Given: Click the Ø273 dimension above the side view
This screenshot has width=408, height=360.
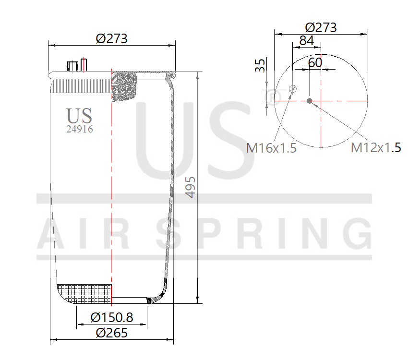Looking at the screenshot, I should coord(111,38).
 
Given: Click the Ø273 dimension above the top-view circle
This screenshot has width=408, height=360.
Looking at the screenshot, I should coord(321,27).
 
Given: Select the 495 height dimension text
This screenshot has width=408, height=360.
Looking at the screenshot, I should coord(191,187).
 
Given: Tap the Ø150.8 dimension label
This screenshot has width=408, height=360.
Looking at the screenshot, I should coord(111,317).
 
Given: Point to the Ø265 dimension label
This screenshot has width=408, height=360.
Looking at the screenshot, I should coord(111,333).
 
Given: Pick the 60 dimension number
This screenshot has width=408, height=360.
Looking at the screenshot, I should coord(315,62).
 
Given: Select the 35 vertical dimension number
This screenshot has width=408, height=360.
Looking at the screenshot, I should coord(260,66).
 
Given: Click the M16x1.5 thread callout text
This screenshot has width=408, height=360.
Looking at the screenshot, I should coord(271,148).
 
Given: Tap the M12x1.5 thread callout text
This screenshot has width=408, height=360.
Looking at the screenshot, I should coord(376,147).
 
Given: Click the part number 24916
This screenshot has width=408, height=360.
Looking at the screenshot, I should coord(79,129).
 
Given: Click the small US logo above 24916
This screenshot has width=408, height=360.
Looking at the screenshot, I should coord(79,116).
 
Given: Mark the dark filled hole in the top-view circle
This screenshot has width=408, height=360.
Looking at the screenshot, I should coord(310,101).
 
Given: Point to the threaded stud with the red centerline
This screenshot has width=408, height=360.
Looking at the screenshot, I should coord(84,65).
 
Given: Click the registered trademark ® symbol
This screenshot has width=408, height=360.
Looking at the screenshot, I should coord(273,97).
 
